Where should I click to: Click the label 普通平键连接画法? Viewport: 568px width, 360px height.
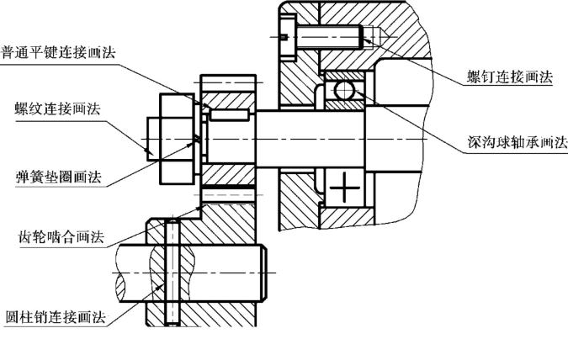tap(58, 52)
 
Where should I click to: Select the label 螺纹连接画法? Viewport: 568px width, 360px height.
tap(57, 109)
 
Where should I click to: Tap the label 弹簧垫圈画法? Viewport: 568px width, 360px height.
tap(58, 177)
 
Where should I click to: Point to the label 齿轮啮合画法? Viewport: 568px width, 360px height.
tap(61, 237)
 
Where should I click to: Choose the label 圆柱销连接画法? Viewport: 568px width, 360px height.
tap(56, 317)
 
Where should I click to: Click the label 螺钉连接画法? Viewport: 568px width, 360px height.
tap(510, 77)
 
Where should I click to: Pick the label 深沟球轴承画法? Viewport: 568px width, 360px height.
tap(518, 142)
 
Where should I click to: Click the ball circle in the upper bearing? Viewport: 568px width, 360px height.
tap(344, 90)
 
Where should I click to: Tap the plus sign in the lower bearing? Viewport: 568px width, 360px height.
tap(345, 188)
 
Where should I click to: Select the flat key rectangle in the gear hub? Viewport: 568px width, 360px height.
tap(230, 114)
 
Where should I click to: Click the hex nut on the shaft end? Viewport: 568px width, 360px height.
tap(178, 139)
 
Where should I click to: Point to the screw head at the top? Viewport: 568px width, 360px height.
tap(289, 37)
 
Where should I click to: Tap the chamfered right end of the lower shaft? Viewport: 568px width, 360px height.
tap(264, 273)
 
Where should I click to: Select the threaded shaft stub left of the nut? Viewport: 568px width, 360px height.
tap(153, 139)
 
